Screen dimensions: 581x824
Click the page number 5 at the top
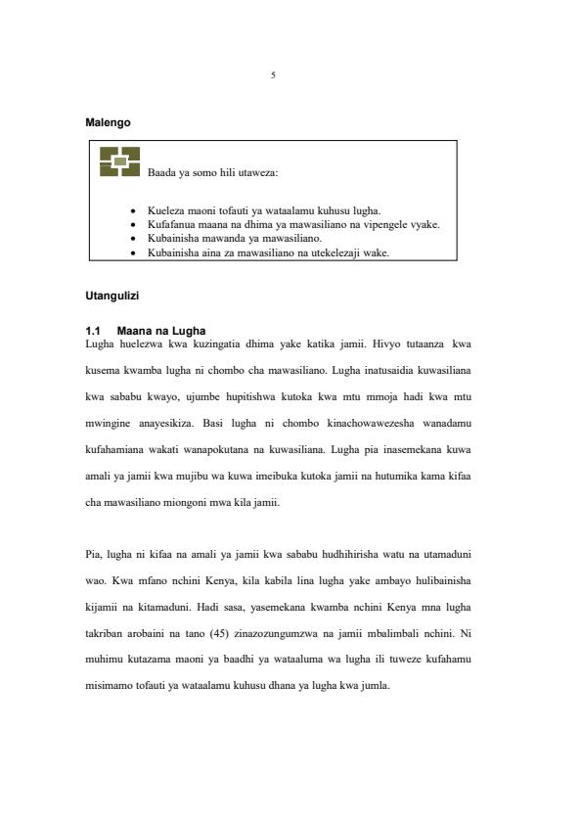tap(273, 75)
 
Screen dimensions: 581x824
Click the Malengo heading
tap(109, 123)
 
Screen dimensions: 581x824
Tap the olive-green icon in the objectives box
tap(119, 161)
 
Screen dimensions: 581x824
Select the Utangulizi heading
tap(112, 295)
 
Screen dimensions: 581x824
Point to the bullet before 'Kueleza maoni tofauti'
tap(133, 210)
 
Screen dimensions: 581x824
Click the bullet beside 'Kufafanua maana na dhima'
tap(133, 224)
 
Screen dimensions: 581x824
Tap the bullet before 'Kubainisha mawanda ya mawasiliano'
tap(133, 238)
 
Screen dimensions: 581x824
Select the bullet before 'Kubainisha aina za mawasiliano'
tap(133, 252)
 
